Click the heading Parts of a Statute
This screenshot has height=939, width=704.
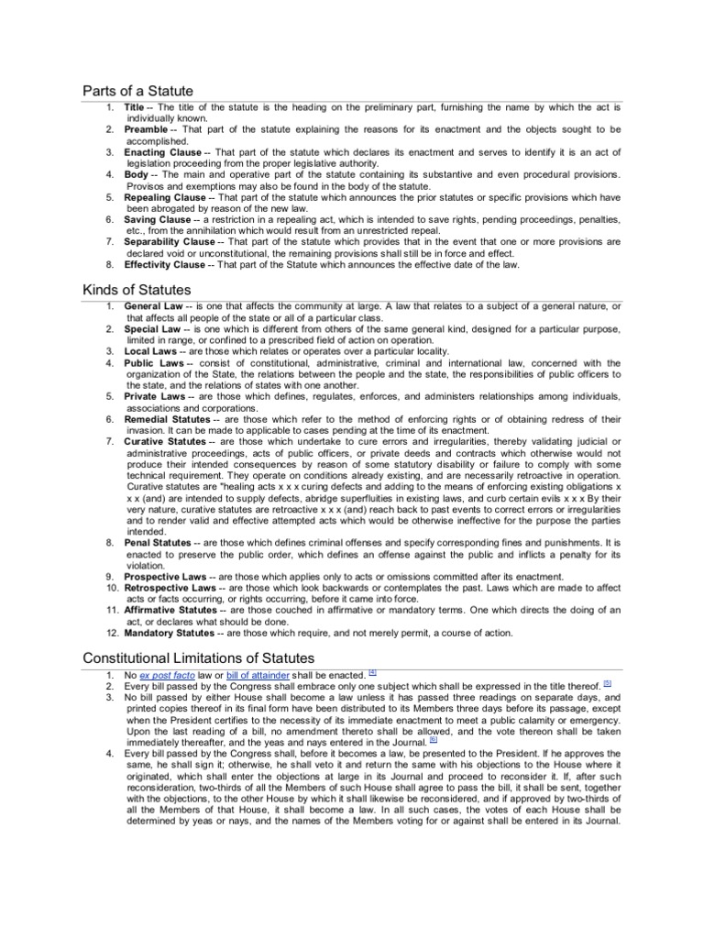137,90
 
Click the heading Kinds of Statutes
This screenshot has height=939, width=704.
137,290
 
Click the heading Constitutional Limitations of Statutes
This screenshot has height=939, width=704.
198,657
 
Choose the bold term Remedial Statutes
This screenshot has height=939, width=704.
168,419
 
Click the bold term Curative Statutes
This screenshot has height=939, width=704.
166,441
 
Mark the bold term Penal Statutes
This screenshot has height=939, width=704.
159,543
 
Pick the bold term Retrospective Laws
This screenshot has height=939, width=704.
170,587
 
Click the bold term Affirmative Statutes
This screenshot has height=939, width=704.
171,610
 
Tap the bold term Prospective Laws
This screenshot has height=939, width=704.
165,576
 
